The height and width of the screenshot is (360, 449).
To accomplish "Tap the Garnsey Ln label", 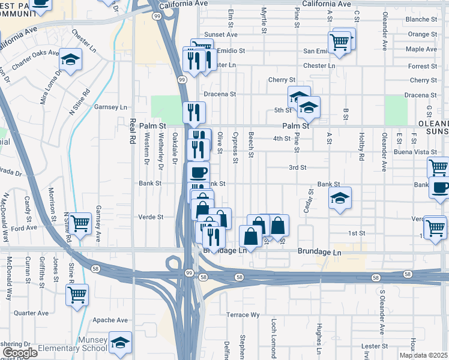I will click(111, 107).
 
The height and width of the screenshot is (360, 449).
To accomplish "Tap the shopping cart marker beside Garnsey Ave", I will click(80, 224).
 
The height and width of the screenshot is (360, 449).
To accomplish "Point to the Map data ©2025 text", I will click(424, 355).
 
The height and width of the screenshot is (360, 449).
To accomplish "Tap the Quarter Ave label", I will click(31, 313).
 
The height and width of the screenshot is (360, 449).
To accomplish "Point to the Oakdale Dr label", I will click(174, 148).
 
